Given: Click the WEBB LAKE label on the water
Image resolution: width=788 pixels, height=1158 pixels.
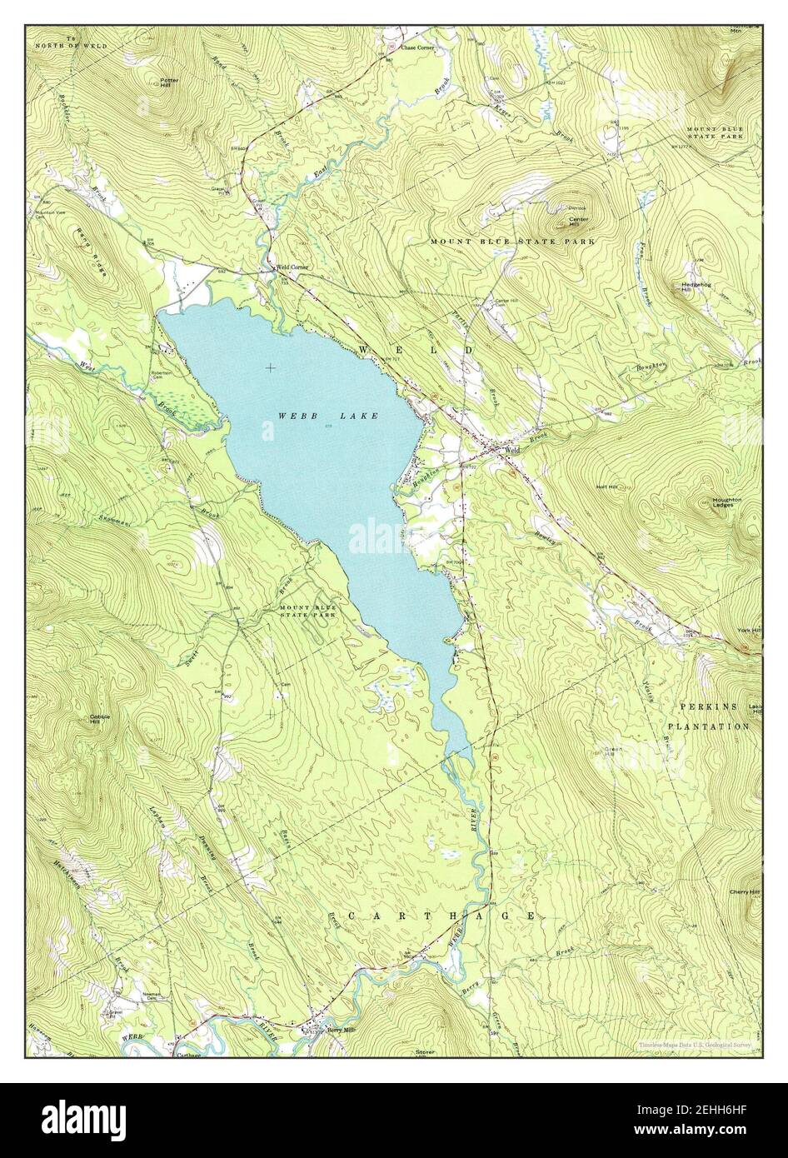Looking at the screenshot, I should point(328,416).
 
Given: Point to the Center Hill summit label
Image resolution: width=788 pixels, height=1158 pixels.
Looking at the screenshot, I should point(578,222).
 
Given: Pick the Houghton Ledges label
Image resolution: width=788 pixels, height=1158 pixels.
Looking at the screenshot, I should point(726,502).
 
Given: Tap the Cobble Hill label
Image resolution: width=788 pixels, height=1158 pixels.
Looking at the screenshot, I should point(101,719).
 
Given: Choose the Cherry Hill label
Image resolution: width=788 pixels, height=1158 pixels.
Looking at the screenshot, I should point(746,892).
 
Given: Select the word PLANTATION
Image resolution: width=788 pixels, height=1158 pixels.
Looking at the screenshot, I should point(708,726).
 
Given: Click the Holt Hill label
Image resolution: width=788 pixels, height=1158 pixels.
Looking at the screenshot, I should point(606,487).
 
